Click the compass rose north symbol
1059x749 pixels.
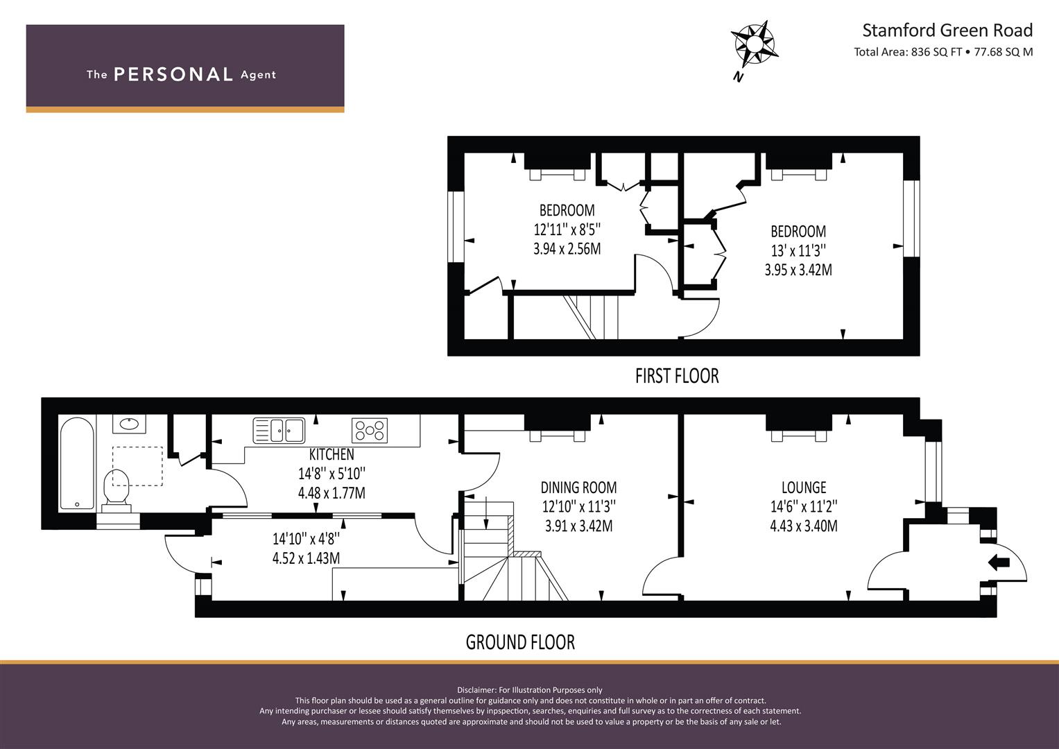click(x=755, y=45)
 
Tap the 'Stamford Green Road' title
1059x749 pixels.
click(x=947, y=31)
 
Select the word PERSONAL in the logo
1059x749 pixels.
click(x=173, y=74)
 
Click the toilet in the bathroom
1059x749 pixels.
click(x=117, y=491)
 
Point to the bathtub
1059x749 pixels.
click(x=76, y=463)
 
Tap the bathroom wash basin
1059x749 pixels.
click(x=129, y=424)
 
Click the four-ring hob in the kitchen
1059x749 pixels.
click(x=369, y=430)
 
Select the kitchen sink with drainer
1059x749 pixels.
click(x=279, y=430)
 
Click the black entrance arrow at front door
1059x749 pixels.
click(x=999, y=562)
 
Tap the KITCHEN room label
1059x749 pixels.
click(x=332, y=454)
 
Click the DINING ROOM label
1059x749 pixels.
click(x=578, y=488)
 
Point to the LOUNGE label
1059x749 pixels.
click(x=804, y=488)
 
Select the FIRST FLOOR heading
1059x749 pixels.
click(x=677, y=376)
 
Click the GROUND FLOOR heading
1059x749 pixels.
click(x=521, y=642)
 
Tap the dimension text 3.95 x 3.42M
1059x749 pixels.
click(x=798, y=270)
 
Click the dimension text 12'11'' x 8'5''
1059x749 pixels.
click(x=567, y=230)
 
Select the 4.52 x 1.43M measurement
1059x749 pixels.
click(x=306, y=558)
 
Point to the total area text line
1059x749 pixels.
click(x=943, y=52)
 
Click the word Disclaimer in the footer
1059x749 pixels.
click(x=476, y=690)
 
